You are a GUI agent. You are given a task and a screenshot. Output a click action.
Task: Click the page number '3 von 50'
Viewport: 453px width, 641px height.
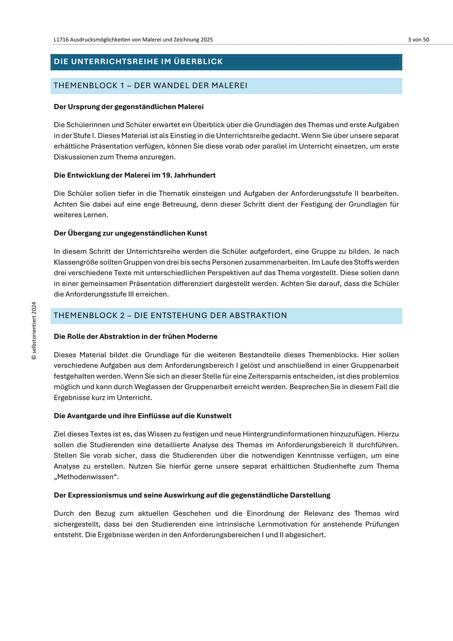click(x=418, y=40)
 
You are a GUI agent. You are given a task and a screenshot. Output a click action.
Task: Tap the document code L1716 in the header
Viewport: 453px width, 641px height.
click(x=61, y=40)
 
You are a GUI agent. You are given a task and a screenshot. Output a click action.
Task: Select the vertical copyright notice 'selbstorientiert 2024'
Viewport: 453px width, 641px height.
click(x=34, y=331)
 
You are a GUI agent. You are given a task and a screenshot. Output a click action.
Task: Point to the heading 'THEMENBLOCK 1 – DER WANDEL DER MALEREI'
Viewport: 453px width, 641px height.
click(x=150, y=86)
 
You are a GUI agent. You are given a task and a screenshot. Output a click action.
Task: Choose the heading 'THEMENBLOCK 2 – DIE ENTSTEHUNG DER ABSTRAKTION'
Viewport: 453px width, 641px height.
click(x=170, y=315)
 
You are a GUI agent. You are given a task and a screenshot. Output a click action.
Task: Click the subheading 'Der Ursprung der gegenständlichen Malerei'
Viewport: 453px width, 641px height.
click(x=129, y=107)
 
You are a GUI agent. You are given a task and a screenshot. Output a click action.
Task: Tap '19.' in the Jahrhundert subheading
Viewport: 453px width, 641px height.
click(x=165, y=175)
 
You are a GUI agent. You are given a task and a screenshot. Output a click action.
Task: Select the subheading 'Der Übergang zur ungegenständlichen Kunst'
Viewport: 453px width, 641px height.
click(x=130, y=233)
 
